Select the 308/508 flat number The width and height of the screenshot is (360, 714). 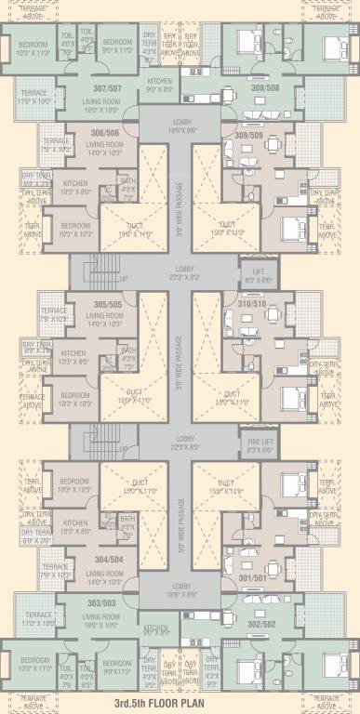(x=265, y=87)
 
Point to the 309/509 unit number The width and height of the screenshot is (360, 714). (x=248, y=137)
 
